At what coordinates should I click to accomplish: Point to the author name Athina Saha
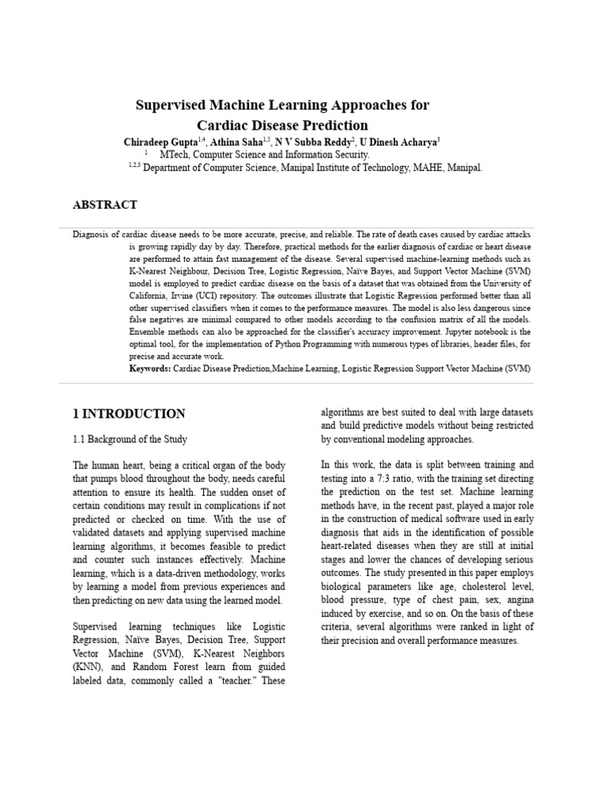[237, 142]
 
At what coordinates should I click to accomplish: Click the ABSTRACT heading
[105, 205]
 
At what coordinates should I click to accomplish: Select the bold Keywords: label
[149, 369]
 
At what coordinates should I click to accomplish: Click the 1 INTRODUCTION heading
[129, 414]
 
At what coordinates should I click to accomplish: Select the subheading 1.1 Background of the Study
[130, 439]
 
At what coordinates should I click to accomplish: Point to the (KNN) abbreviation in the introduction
[88, 668]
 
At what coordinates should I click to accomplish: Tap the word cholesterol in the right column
[469, 586]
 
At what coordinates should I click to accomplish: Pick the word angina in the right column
[516, 600]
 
